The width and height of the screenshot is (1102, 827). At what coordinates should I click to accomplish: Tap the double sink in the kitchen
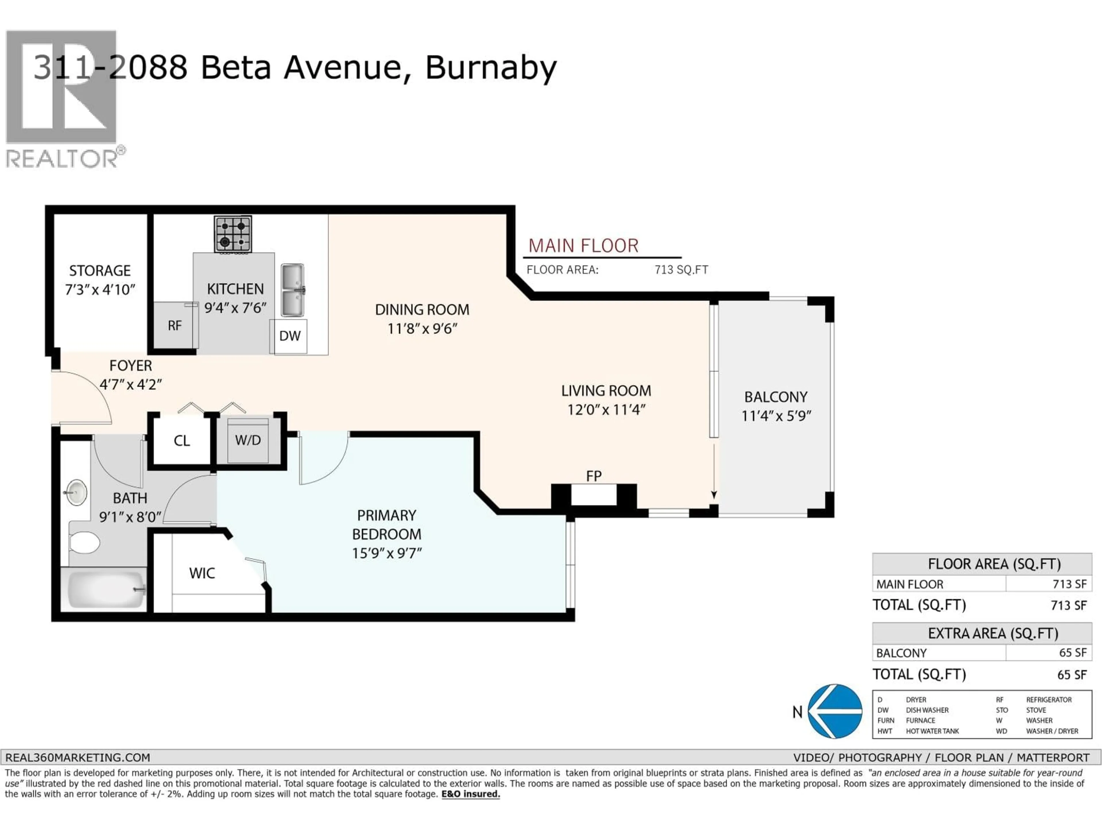[292, 290]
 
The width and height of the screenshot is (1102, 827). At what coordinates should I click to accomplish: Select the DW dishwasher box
[290, 336]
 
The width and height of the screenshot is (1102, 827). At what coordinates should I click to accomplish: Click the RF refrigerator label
[174, 326]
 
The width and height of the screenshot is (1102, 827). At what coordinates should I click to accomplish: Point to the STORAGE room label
[100, 271]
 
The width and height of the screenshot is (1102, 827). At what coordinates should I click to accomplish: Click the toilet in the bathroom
[84, 542]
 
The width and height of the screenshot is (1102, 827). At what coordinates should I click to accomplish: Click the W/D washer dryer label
[248, 440]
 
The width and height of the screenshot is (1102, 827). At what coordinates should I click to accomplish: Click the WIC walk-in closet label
[202, 573]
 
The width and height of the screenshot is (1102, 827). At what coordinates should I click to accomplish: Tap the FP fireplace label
[593, 476]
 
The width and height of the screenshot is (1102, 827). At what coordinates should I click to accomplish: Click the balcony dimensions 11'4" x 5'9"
[776, 416]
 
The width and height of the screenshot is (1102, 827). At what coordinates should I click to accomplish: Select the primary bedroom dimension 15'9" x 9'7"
[387, 553]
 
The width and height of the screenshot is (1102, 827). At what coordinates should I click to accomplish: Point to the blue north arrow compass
[835, 711]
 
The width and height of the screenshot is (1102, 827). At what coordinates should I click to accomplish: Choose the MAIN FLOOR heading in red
[583, 246]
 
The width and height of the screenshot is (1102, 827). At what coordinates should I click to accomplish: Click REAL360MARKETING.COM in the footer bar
[78, 758]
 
